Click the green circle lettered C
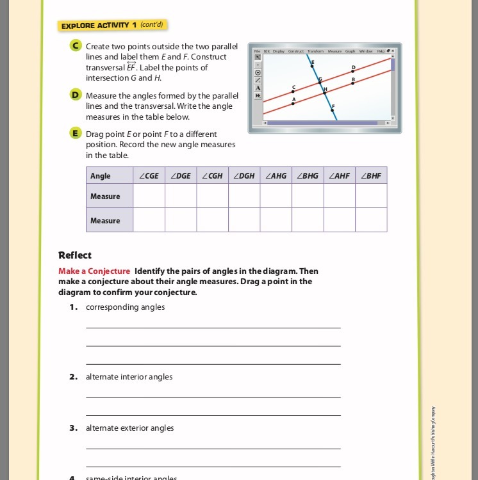tap(76, 46)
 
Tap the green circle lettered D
tap(76, 95)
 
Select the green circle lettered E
tap(76, 134)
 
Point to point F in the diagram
tap(332, 110)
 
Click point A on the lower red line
tap(294, 104)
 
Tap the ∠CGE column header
tap(149, 175)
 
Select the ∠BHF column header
tap(371, 175)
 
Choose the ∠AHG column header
tap(276, 175)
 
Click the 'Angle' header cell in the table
tap(101, 175)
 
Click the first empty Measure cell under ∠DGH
tap(244, 196)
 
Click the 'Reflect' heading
tap(75, 255)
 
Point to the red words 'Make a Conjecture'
tap(94, 271)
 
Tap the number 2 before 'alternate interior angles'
tap(74, 377)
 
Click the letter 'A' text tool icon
tap(258, 88)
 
